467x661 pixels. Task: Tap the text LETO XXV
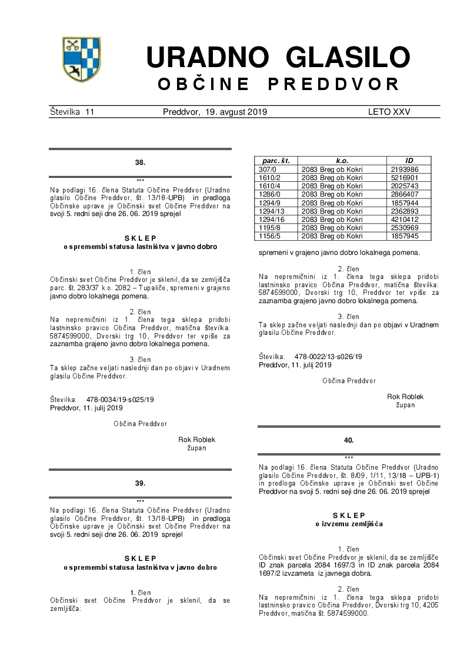coord(389,112)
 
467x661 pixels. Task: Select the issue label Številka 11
coord(72,112)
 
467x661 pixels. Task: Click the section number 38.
coord(140,162)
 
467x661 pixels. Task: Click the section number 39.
coord(140,483)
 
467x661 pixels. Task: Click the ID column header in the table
coord(409,161)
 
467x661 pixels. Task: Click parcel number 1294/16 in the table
coord(272,220)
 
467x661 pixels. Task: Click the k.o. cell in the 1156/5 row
coord(332,236)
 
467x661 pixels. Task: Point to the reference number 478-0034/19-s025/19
coord(120,400)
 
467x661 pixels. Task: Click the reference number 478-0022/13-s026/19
coord(328,357)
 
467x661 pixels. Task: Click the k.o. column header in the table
coord(342,161)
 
